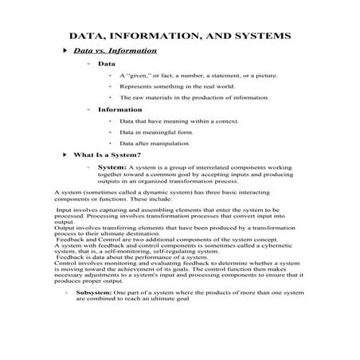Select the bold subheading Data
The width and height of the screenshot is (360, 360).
coord(106,63)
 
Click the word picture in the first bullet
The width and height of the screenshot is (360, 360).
coord(265,75)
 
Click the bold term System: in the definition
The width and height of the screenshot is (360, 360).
coord(112,168)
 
